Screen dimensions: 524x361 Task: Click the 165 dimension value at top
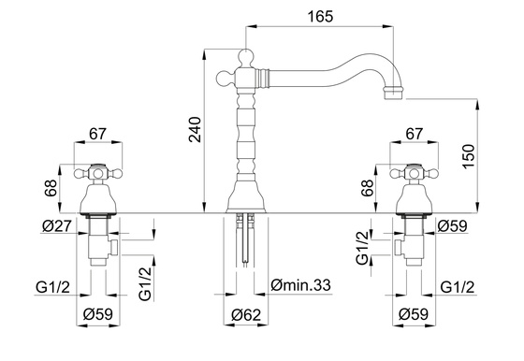coord(320,16)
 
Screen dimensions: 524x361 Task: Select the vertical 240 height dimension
coord(195,130)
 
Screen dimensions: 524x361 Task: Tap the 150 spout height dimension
coord(468,156)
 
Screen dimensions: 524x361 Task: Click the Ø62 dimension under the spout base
coord(246,314)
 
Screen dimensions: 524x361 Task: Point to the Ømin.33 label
coord(300,285)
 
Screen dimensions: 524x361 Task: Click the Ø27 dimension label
coord(57,226)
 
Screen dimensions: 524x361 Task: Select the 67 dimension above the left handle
coord(97,134)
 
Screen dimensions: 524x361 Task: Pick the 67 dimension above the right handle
coord(414,134)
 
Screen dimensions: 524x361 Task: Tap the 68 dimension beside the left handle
coord(51,188)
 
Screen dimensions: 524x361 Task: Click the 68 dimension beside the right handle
coord(367,188)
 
